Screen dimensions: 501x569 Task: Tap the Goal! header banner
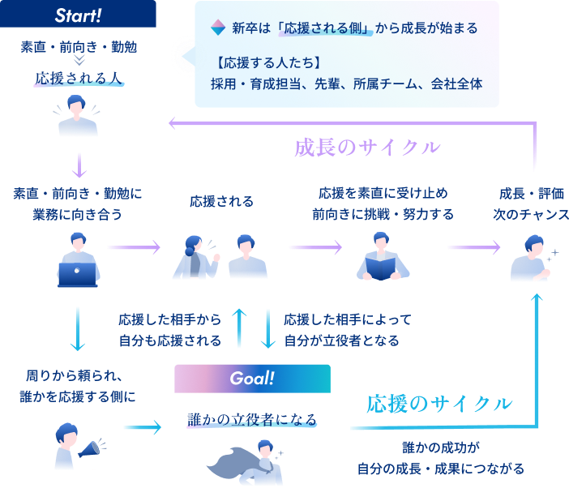[x=252, y=378]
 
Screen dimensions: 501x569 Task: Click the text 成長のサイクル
[x=366, y=148]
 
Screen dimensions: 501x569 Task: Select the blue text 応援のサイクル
[x=439, y=404]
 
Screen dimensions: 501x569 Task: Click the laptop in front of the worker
[x=78, y=274]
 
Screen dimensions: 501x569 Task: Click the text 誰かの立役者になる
[x=252, y=420]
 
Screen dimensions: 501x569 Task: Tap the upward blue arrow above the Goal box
[x=239, y=328]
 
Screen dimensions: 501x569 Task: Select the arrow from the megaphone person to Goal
[x=142, y=427]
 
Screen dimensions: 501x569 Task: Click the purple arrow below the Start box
[x=79, y=165]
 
